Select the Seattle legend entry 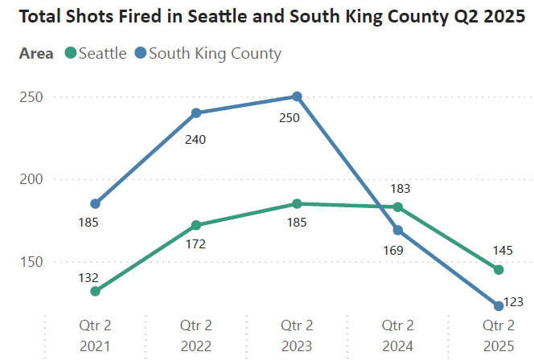click(x=96, y=54)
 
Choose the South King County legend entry click(x=207, y=54)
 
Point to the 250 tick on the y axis click(x=29, y=97)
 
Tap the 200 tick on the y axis click(x=29, y=179)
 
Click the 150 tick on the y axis click(x=29, y=261)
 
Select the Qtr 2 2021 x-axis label click(x=94, y=335)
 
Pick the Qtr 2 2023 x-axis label click(x=297, y=335)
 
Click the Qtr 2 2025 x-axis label click(x=499, y=335)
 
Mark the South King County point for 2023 click(x=297, y=96)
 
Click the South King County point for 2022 click(x=196, y=112)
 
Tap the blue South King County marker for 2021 click(x=95, y=203)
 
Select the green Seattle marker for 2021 click(x=95, y=291)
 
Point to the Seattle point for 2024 click(x=397, y=207)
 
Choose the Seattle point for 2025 click(x=499, y=269)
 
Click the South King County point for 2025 click(x=499, y=305)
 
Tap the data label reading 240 click(x=195, y=140)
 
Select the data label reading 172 click(x=195, y=243)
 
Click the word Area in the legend click(x=36, y=54)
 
